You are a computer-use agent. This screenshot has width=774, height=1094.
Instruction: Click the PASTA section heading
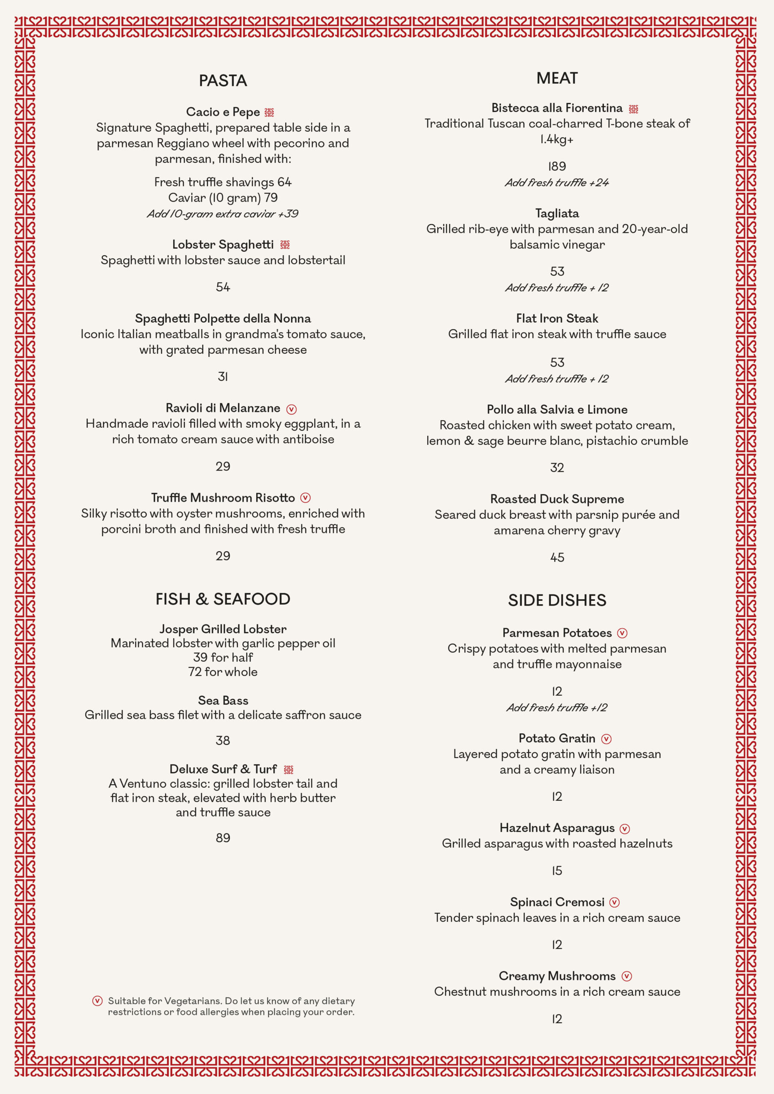tap(223, 80)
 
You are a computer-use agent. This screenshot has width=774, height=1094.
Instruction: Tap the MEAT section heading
tap(556, 78)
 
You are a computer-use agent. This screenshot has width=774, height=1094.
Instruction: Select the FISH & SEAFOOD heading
tap(223, 599)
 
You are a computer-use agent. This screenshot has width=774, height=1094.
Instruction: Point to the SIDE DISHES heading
tap(556, 600)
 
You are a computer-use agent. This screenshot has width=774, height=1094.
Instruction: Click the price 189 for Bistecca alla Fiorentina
tap(556, 166)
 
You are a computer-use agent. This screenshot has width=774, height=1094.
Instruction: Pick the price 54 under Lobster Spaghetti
tap(223, 287)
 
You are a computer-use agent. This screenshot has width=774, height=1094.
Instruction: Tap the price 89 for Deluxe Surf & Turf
tap(223, 838)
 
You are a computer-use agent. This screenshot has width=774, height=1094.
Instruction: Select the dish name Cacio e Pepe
tap(223, 112)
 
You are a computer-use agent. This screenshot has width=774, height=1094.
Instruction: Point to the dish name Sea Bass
tap(223, 700)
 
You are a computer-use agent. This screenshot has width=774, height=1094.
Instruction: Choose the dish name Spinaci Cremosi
tap(556, 902)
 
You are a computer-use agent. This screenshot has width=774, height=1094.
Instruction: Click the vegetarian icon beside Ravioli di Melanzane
tap(291, 409)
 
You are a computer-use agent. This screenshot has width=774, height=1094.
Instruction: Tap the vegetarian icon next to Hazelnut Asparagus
tap(624, 829)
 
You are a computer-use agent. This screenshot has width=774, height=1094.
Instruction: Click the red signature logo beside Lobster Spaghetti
tap(285, 245)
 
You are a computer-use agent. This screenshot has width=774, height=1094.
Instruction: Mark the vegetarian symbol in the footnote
tap(97, 1000)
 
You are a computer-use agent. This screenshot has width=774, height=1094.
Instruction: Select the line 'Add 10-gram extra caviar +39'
tap(223, 214)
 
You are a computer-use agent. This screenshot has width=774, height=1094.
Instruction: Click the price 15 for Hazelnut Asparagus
tap(556, 870)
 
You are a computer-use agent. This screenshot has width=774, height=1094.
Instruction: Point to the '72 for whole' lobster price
tap(223, 672)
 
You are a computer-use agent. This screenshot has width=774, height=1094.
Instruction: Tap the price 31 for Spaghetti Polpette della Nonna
tap(223, 376)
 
